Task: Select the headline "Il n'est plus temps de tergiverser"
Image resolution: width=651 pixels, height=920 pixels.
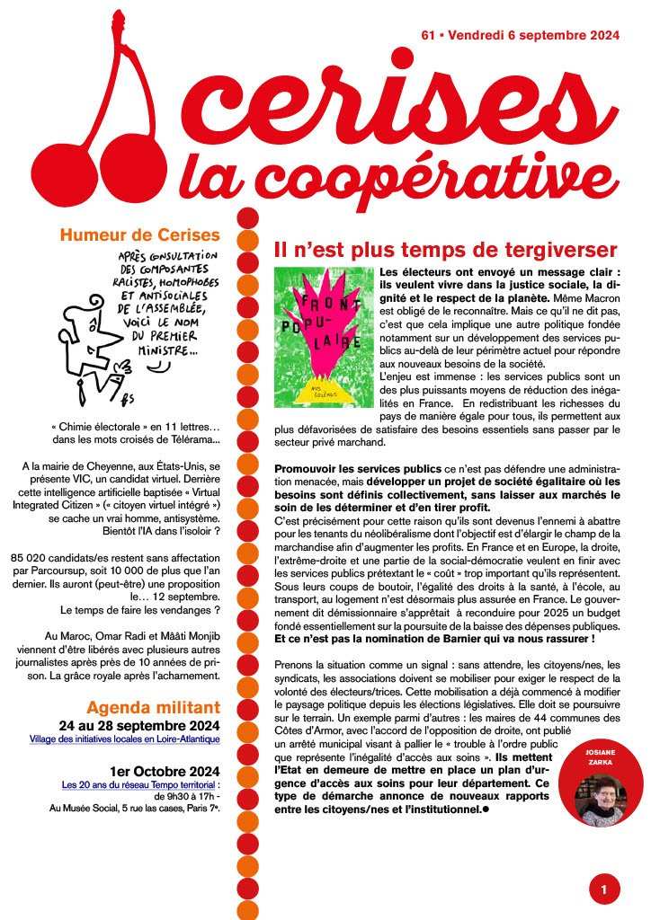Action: (x=445, y=250)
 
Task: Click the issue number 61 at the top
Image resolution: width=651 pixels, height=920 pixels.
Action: (x=428, y=35)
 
